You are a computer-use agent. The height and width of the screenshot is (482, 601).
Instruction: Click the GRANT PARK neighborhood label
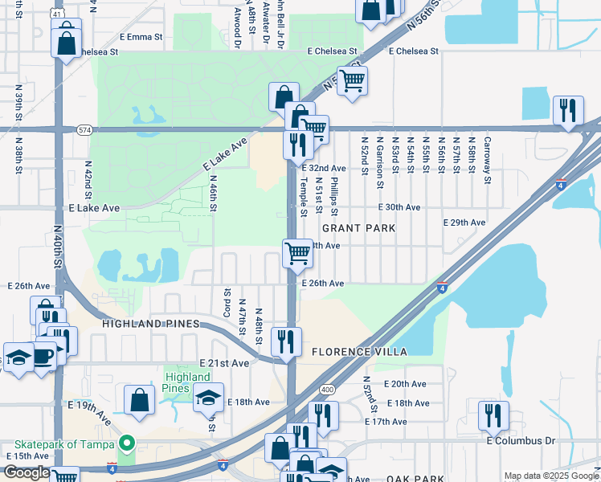coord(359,228)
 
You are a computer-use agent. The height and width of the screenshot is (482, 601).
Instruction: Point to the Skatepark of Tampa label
coord(63,444)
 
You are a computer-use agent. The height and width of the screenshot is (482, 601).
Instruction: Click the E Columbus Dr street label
coord(521,440)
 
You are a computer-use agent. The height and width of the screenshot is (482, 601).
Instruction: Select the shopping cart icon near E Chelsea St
coord(352,82)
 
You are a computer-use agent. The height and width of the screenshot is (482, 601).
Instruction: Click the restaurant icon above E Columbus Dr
coord(493,415)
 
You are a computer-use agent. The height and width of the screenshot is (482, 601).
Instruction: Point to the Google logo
coord(26,472)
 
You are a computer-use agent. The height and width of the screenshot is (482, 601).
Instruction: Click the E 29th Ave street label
coord(465,222)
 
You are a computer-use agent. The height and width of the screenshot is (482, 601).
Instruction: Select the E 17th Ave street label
coord(407,421)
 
